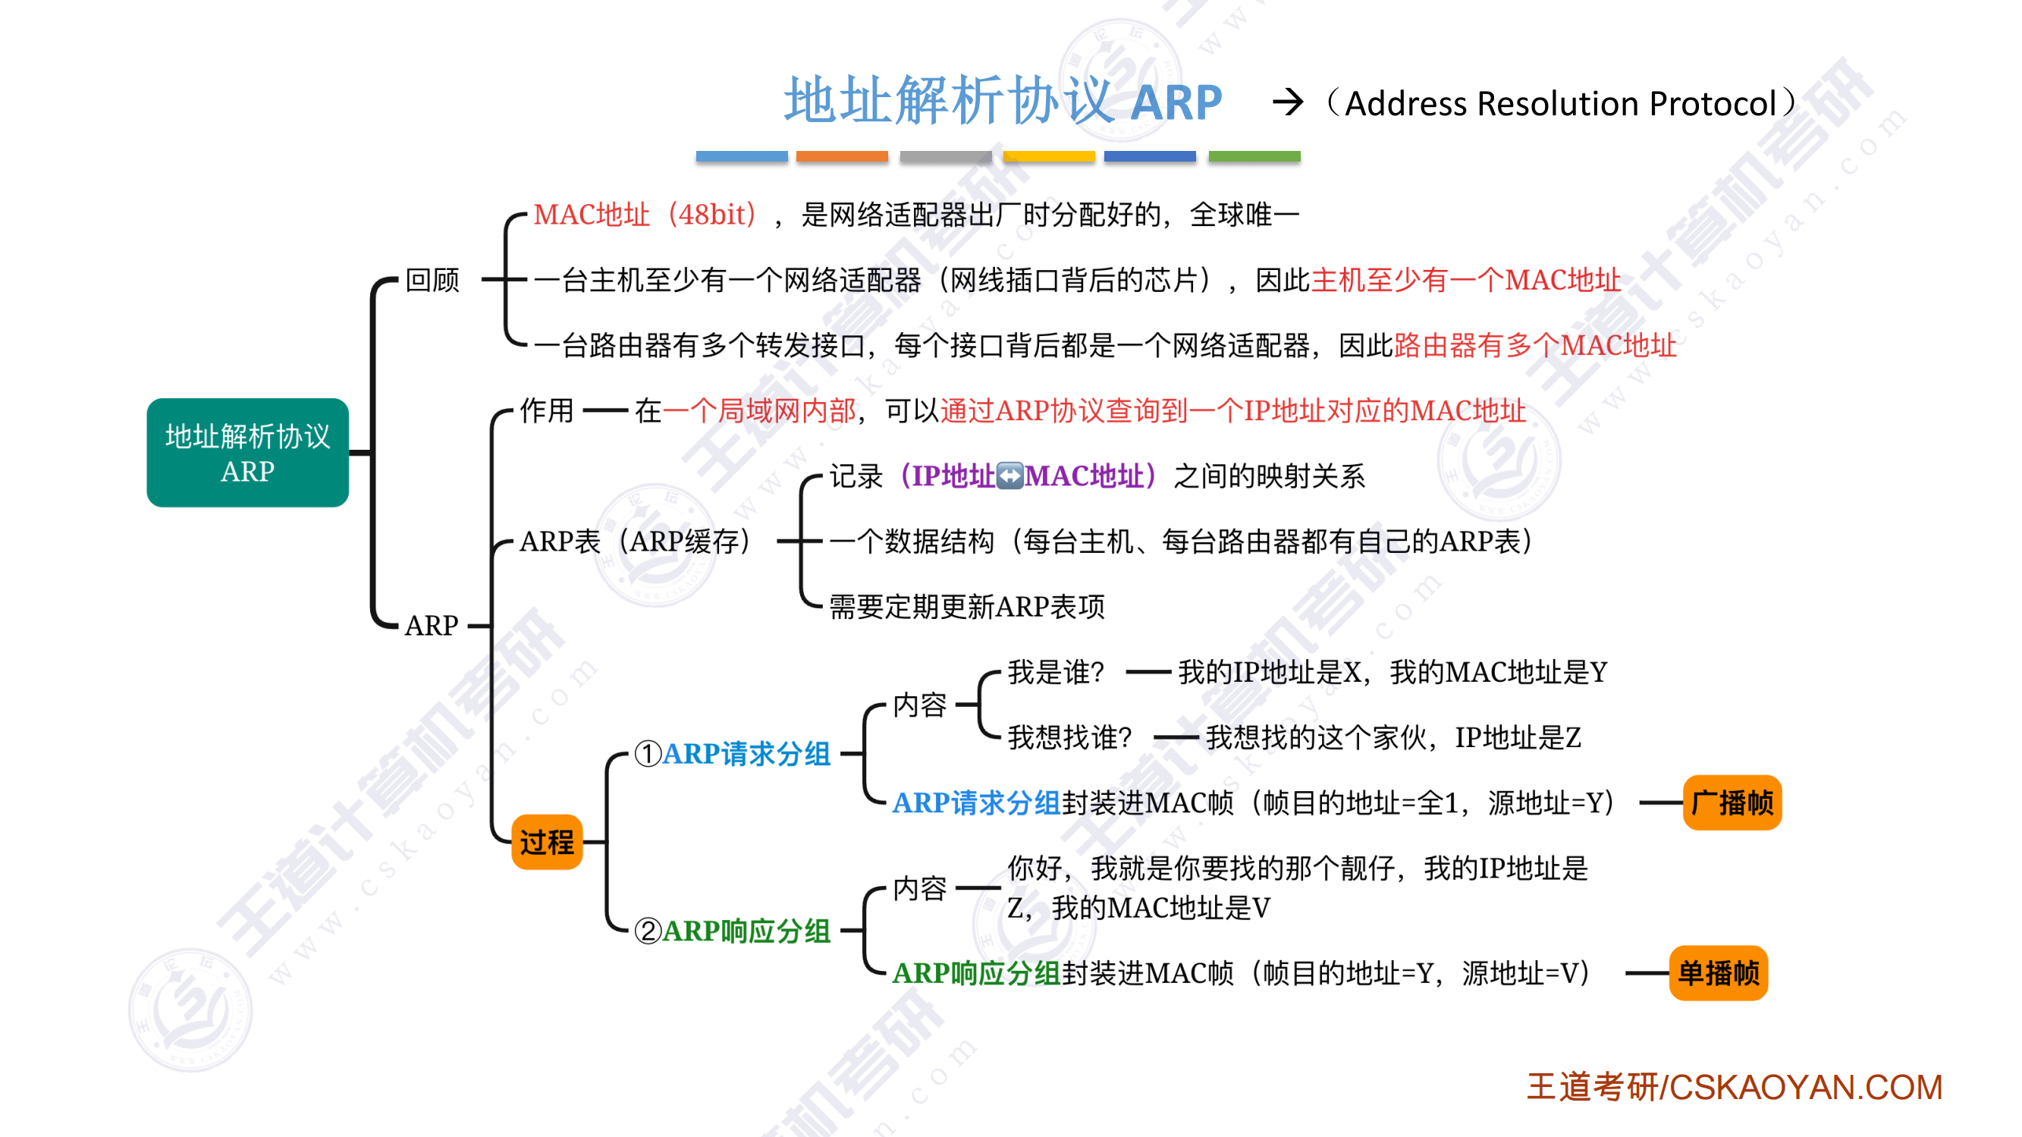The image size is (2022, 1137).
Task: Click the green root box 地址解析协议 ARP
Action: (247, 452)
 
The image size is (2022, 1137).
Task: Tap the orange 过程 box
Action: (546, 842)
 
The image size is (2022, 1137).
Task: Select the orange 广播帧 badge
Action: (1732, 802)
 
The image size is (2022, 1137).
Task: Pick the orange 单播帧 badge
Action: (1717, 973)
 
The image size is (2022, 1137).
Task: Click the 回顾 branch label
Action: (432, 280)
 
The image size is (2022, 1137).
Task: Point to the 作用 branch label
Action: (546, 410)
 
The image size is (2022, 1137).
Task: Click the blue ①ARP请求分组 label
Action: (733, 754)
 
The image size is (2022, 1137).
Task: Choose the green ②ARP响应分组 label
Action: (733, 931)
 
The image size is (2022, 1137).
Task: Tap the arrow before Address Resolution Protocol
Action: (1287, 102)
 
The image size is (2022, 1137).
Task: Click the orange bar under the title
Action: (841, 156)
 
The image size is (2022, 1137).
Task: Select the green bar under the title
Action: (1254, 156)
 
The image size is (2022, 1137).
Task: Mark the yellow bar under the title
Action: (1048, 156)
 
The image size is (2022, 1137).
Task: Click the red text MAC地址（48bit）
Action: (645, 215)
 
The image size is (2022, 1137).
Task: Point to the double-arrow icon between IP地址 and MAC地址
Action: (1009, 476)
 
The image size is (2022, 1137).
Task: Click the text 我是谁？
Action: (1056, 672)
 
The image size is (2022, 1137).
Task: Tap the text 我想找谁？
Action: (1069, 737)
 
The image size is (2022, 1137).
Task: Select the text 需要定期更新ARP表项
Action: (966, 606)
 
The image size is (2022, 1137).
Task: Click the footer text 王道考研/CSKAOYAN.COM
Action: (1734, 1088)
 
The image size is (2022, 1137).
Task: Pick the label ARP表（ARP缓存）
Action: (636, 541)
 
